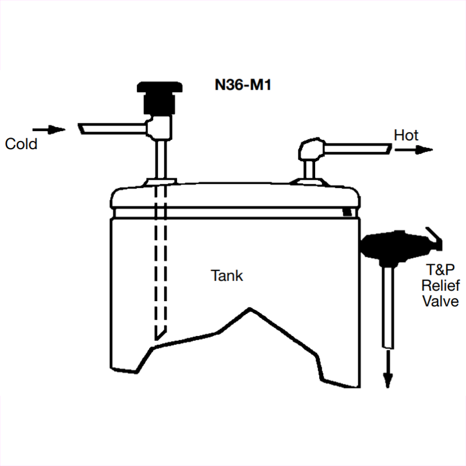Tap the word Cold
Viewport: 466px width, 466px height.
tap(21, 143)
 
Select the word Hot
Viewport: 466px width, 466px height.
tap(406, 135)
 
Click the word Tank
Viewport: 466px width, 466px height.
tap(227, 276)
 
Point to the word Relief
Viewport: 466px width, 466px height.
tap(441, 287)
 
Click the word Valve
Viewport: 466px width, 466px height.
tap(441, 301)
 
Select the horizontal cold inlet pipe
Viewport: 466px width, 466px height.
tap(114, 128)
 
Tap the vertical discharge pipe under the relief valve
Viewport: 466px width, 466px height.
tap(388, 303)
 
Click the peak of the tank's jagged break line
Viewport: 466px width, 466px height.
tap(249, 307)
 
